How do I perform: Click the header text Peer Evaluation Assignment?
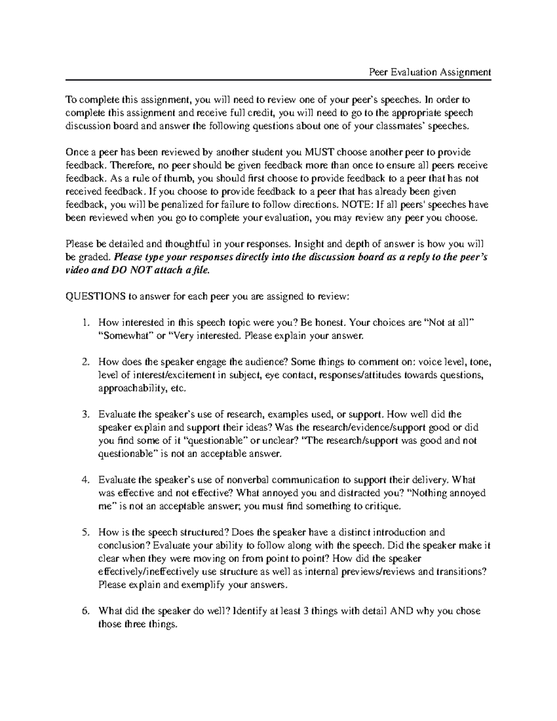(429, 72)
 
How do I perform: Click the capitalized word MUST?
(318, 152)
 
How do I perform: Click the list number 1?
(84, 323)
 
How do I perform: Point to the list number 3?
(84, 415)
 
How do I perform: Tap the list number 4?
(84, 480)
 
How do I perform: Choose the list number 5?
(84, 533)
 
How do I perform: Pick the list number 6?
(84, 611)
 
